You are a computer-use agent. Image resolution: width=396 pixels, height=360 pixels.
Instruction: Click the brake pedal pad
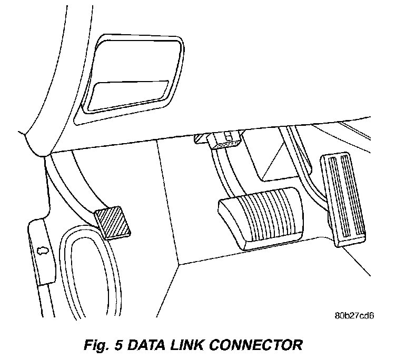pyautogui.click(x=261, y=216)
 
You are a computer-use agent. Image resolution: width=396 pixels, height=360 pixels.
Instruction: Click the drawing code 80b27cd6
pyautogui.click(x=354, y=316)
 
